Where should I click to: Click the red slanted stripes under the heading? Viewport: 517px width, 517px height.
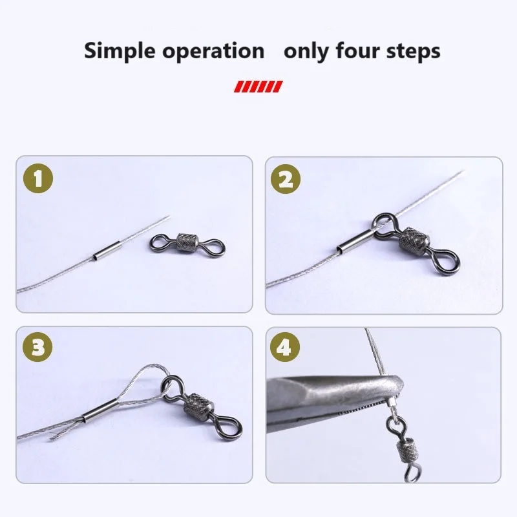(x=258, y=86)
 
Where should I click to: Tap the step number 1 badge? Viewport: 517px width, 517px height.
(x=39, y=180)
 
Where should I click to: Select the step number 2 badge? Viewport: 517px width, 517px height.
(x=286, y=180)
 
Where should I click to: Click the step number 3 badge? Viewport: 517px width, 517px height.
(x=39, y=348)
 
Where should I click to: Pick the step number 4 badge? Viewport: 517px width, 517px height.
(x=286, y=348)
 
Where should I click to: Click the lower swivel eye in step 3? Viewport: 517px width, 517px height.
(x=231, y=426)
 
